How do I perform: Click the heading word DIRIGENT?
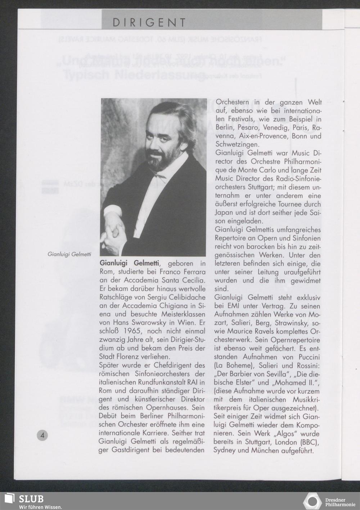point(149,23)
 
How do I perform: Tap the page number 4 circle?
point(42,435)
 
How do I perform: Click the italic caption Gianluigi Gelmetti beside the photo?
point(69,254)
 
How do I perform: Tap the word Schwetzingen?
point(237,145)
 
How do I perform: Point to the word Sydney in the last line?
point(224,450)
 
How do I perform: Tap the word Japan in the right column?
point(224,213)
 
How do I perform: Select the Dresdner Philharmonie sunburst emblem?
point(312,502)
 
